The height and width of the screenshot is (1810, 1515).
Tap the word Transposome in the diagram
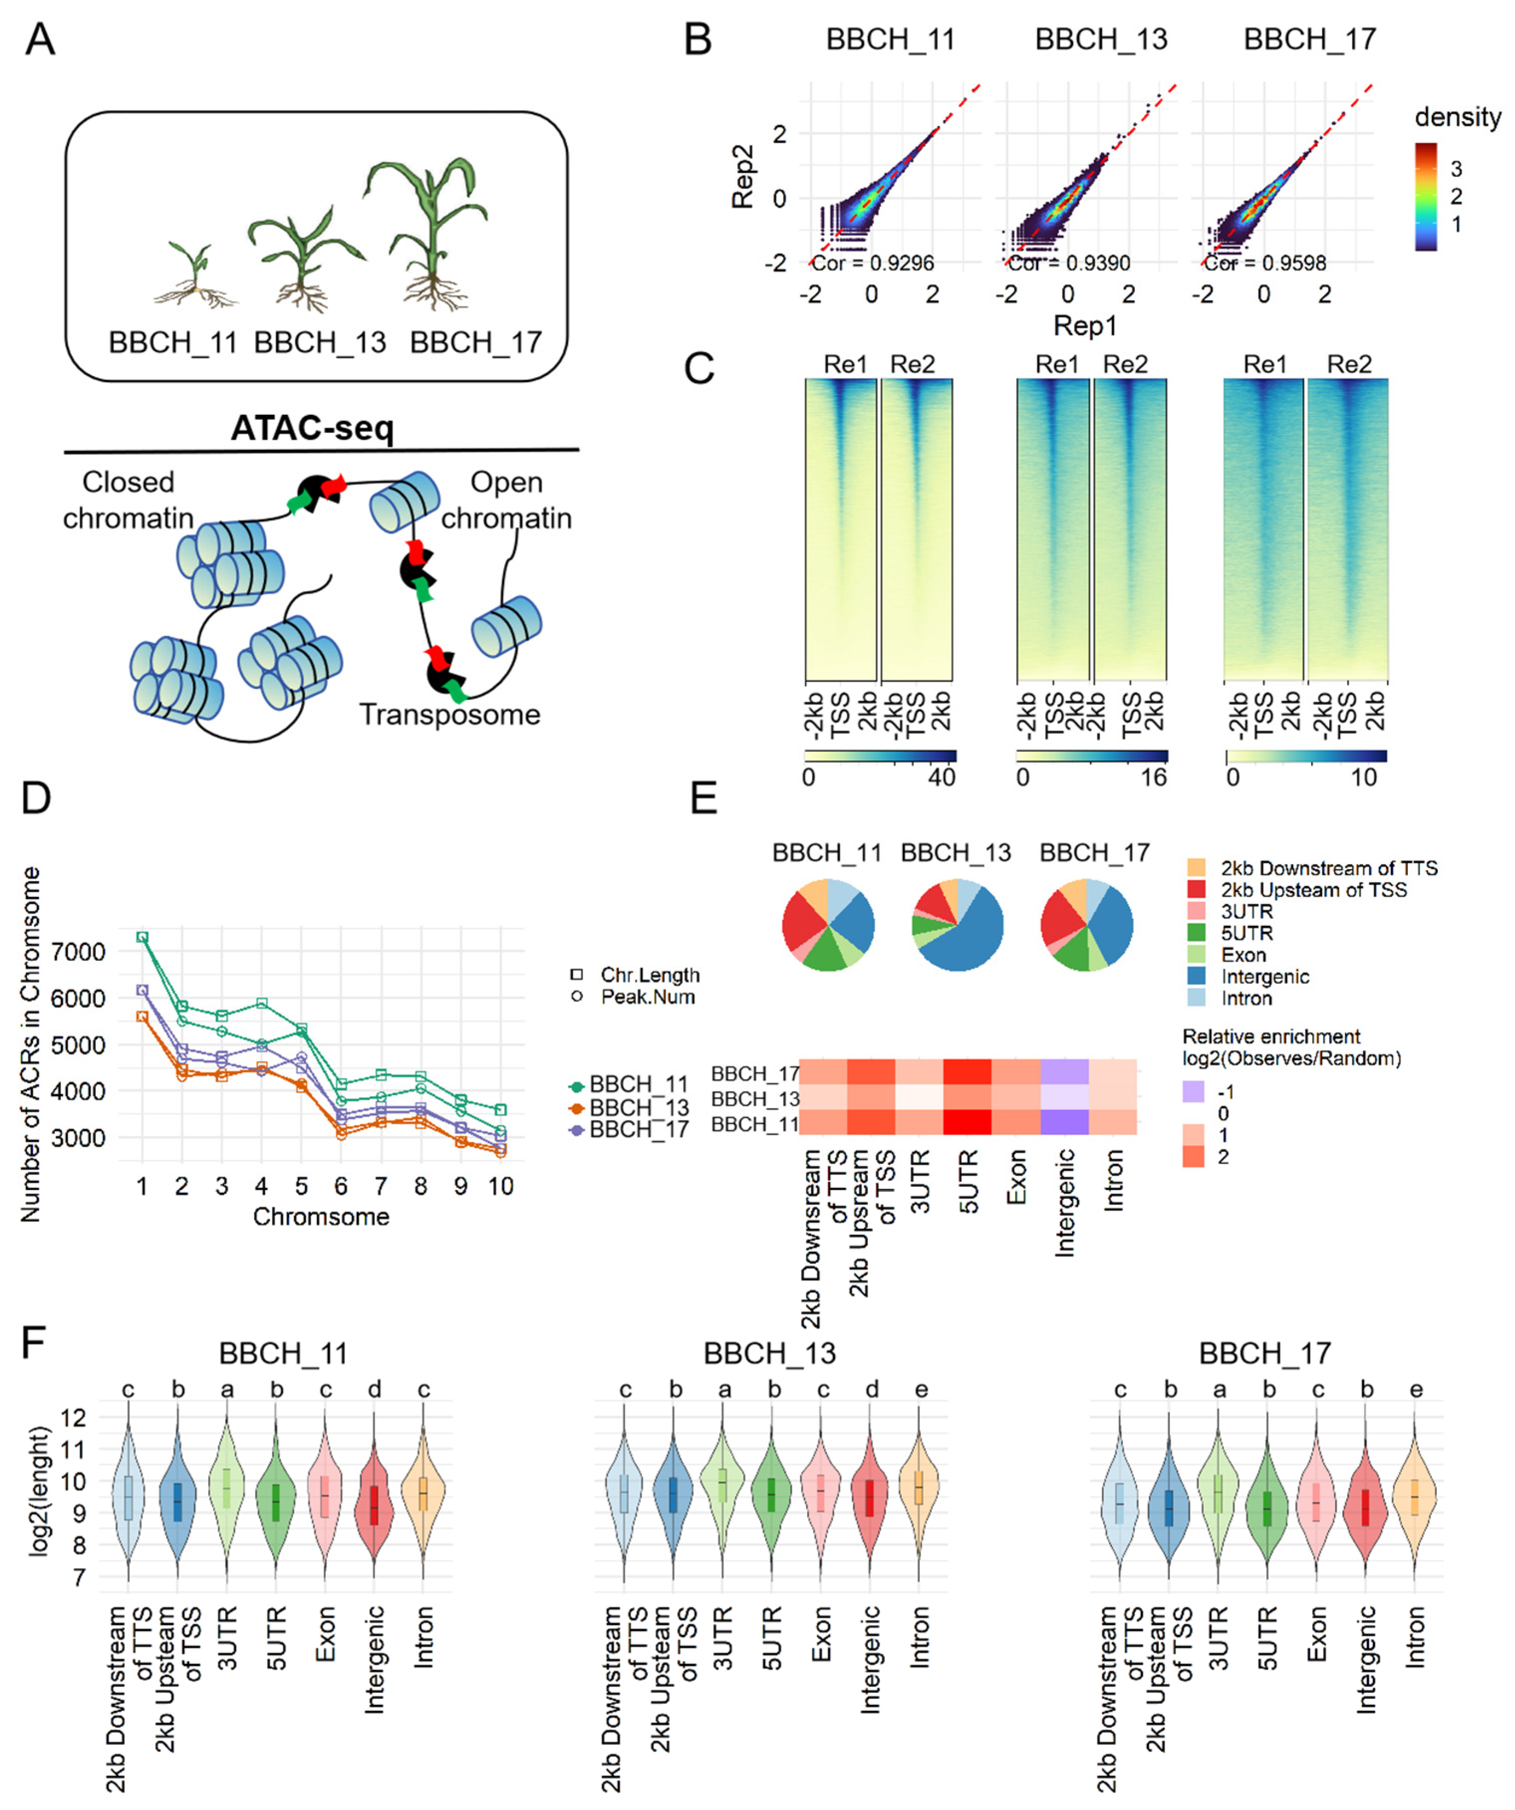pyautogui.click(x=449, y=715)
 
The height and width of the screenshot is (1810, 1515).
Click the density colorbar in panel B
pyautogui.click(x=1425, y=197)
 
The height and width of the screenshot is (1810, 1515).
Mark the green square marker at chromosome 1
pyautogui.click(x=143, y=937)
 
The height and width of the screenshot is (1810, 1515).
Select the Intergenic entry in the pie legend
pyautogui.click(x=1264, y=977)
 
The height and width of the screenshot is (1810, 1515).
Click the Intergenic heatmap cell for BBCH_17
pyautogui.click(x=1064, y=1072)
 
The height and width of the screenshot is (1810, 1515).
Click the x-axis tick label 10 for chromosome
pyautogui.click(x=501, y=1187)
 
